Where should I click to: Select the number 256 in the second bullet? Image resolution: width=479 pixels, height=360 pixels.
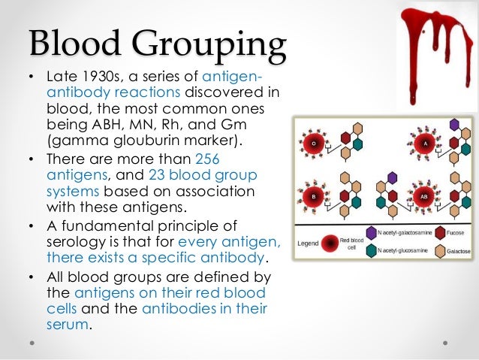click(x=207, y=158)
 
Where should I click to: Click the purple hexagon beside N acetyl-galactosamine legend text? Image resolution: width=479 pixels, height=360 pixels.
click(x=372, y=234)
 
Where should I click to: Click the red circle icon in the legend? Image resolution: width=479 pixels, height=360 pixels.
click(x=331, y=244)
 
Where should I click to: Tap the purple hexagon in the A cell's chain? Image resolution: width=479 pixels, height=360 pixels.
click(x=453, y=124)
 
